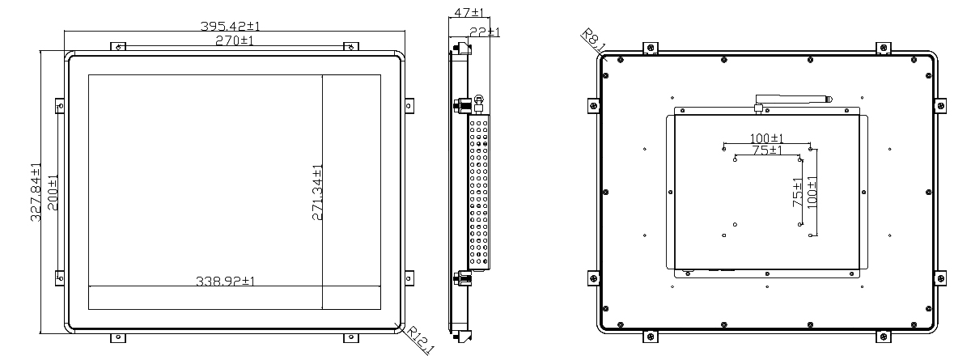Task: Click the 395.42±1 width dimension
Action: pyautogui.click(x=230, y=26)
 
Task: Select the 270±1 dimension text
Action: pyautogui.click(x=235, y=40)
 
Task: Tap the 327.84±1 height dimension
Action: pyautogui.click(x=36, y=192)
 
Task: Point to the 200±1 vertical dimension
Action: pyautogui.click(x=52, y=193)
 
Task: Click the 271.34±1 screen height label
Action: pyautogui.click(x=317, y=193)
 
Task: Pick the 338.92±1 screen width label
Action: pyautogui.click(x=226, y=282)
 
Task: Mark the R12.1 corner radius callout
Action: pyautogui.click(x=420, y=340)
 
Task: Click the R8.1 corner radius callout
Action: pyautogui.click(x=593, y=40)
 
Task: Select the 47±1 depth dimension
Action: pyautogui.click(x=469, y=12)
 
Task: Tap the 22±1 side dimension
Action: pyautogui.click(x=485, y=32)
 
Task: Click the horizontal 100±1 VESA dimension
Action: pyautogui.click(x=767, y=138)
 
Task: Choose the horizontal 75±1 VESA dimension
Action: pyautogui.click(x=767, y=150)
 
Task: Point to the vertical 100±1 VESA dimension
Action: pyautogui.click(x=812, y=193)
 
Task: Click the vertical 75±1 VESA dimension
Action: pyautogui.click(x=798, y=193)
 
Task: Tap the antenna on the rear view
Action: pyautogui.click(x=791, y=101)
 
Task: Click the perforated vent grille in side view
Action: pyautogui.click(x=478, y=192)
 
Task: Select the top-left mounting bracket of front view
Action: pyautogui.click(x=118, y=46)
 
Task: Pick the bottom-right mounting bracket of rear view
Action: pyautogui.click(x=883, y=337)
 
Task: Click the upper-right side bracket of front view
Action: pyautogui.click(x=409, y=106)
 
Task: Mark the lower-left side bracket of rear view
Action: pyautogui.click(x=594, y=278)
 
